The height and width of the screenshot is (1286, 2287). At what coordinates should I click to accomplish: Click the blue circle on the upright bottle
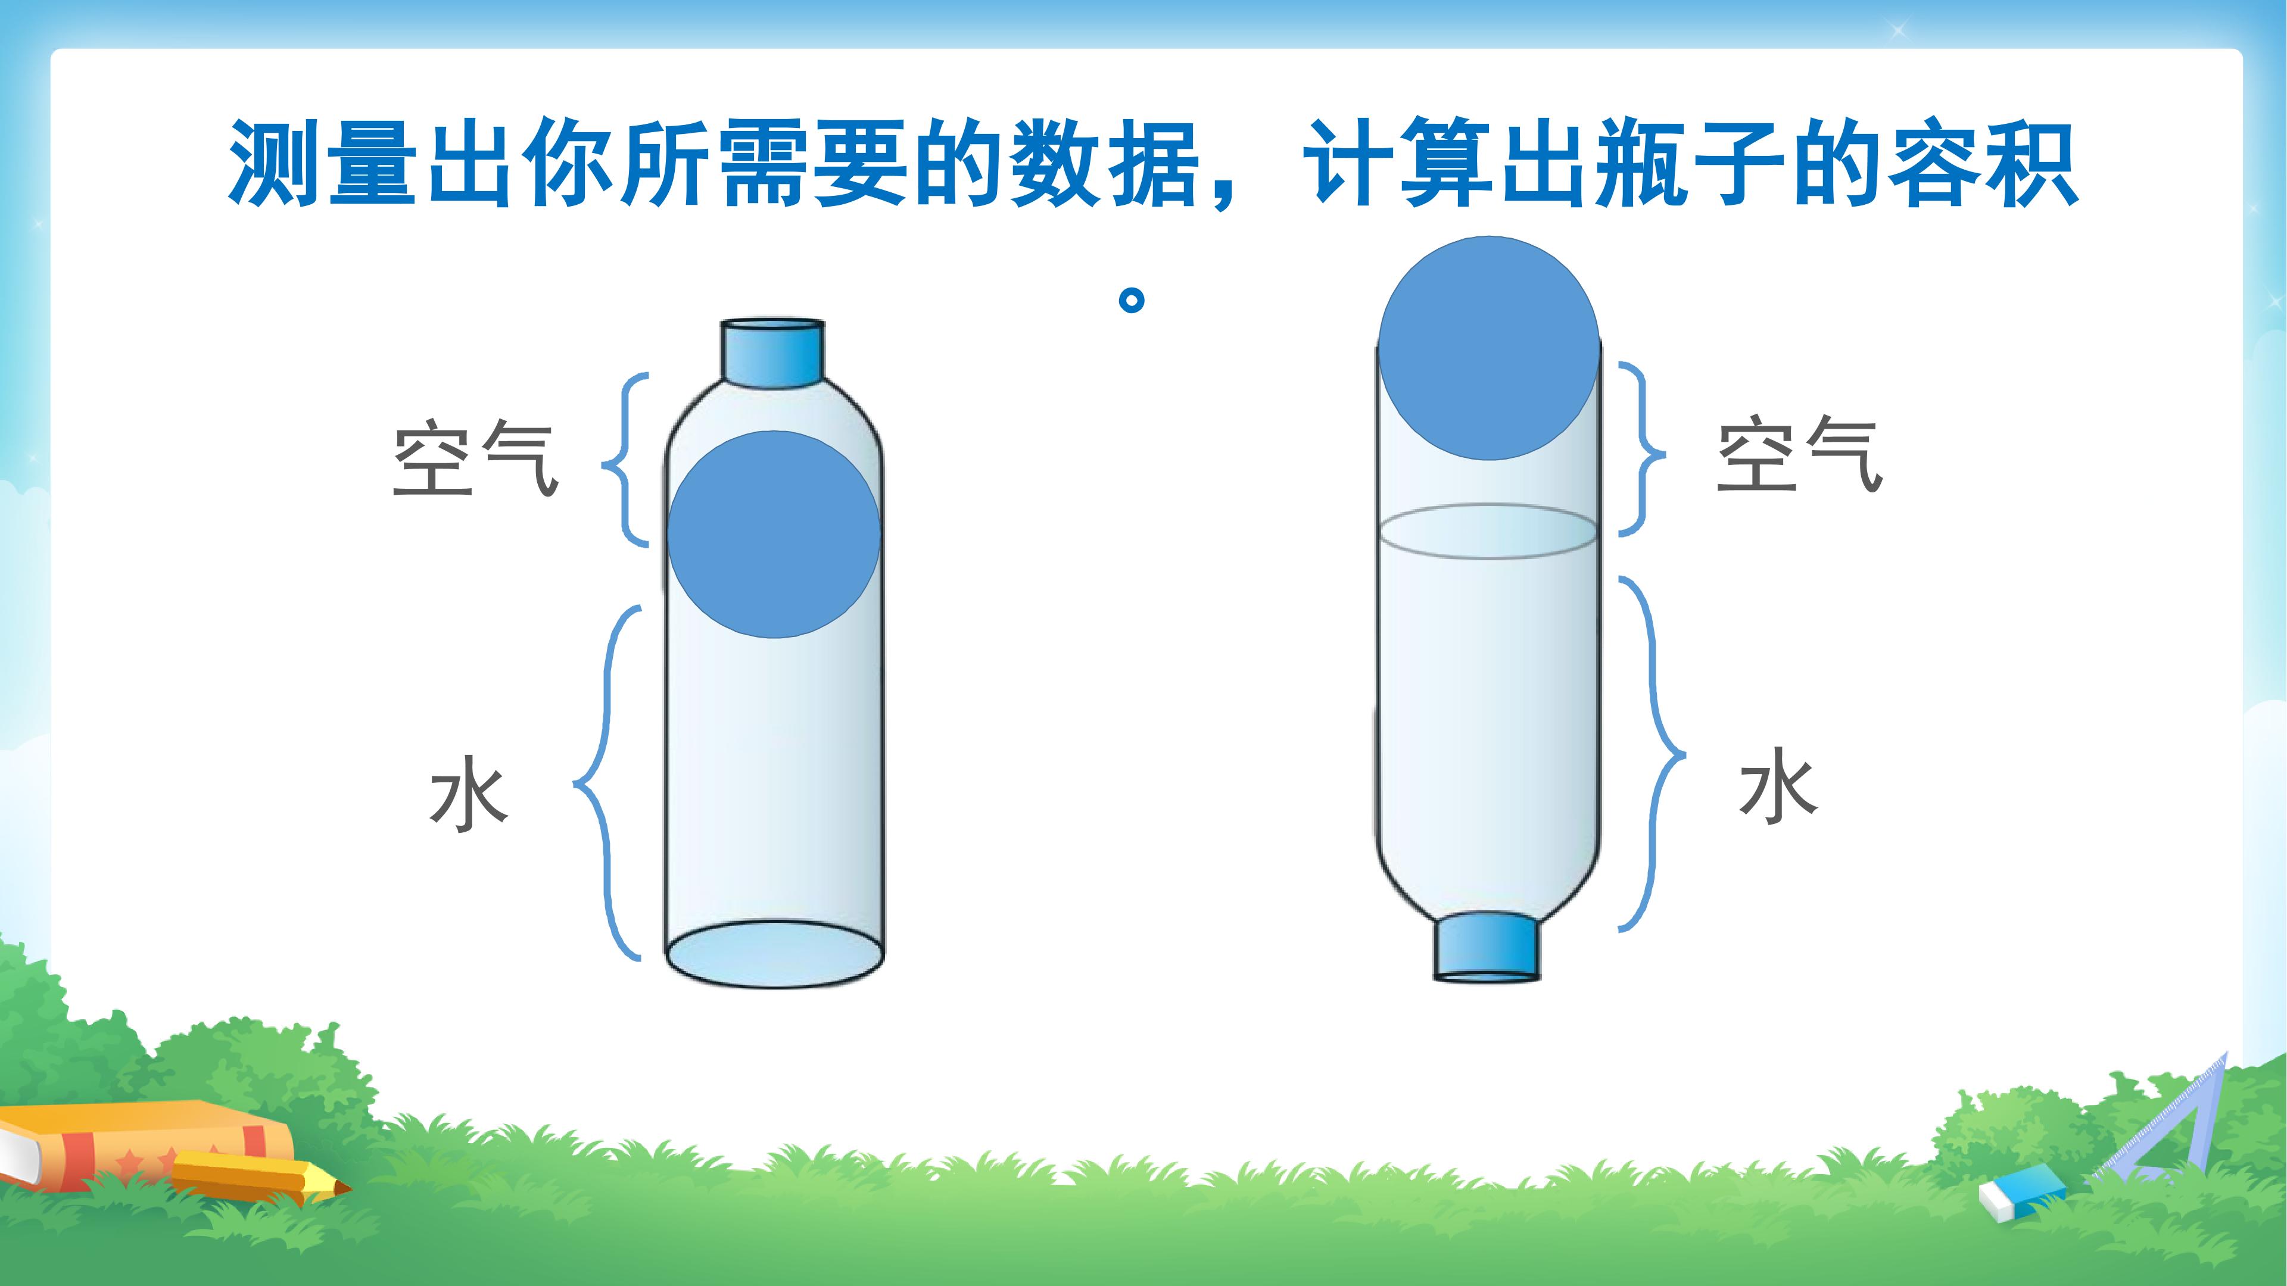[774, 534]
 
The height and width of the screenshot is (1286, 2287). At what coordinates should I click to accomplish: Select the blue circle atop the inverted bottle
[1489, 348]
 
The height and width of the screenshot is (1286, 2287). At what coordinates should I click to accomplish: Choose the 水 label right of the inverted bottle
[1778, 785]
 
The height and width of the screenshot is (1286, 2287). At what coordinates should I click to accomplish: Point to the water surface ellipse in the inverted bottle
[1489, 530]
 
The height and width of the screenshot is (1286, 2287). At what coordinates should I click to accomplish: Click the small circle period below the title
[1131, 300]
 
